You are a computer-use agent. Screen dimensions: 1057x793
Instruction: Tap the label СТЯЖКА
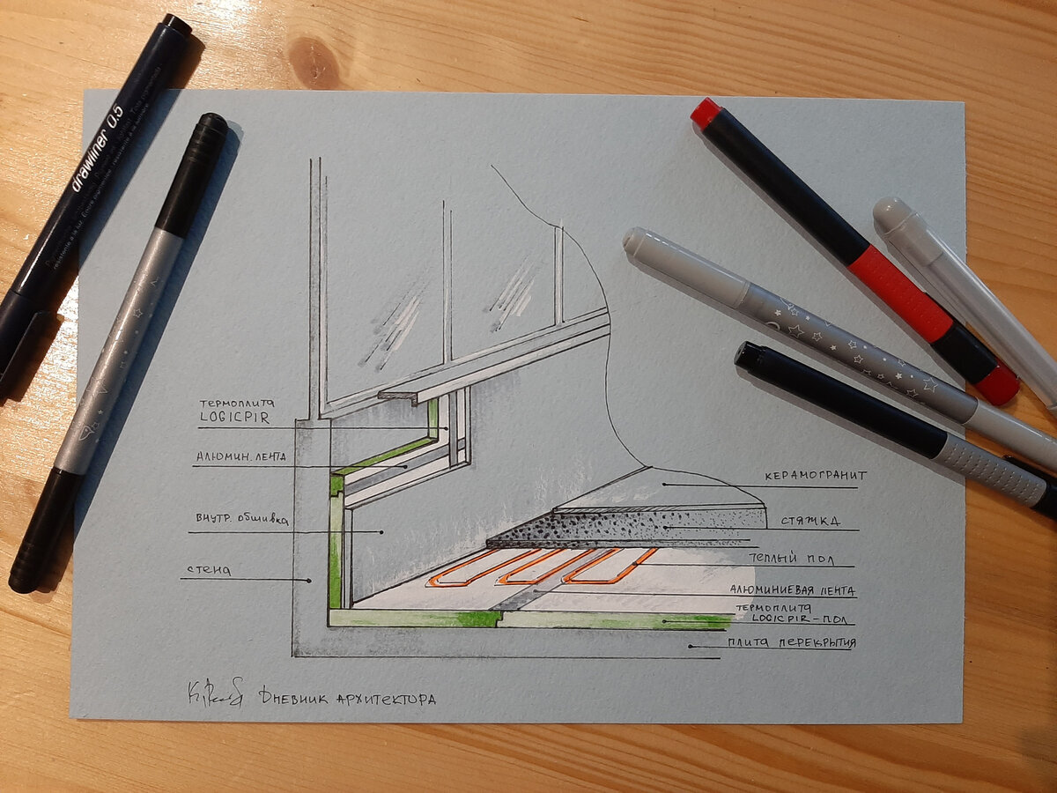tap(802, 520)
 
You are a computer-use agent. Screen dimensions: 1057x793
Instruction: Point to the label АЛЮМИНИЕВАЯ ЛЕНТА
tap(792, 590)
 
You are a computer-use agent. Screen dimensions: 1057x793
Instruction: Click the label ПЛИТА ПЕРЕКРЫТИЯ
tap(790, 642)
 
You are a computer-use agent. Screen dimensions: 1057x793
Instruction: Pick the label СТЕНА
tap(208, 570)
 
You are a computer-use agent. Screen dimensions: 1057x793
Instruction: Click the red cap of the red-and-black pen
tap(706, 112)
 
